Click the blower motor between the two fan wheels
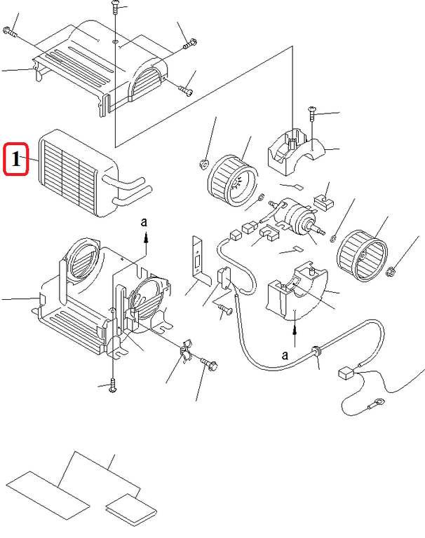point(298,217)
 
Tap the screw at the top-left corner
point(9,30)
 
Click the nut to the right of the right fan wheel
point(393,271)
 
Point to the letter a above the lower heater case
point(145,221)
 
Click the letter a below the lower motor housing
point(286,354)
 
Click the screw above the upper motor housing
point(311,111)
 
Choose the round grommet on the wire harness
point(317,348)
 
